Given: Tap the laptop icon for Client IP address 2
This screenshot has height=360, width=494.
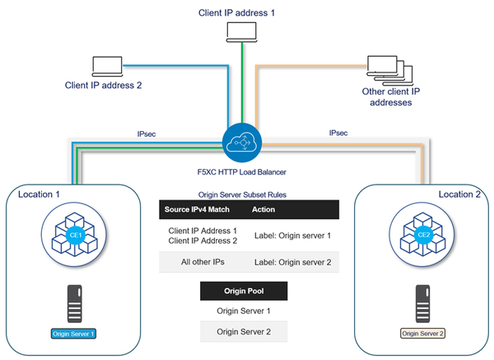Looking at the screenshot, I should pos(106,65).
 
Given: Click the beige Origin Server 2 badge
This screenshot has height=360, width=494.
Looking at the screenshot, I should pos(422,333).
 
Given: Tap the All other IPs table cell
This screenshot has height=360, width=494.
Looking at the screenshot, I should pos(203,262).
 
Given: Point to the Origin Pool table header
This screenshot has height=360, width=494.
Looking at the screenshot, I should pos(244,291).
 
